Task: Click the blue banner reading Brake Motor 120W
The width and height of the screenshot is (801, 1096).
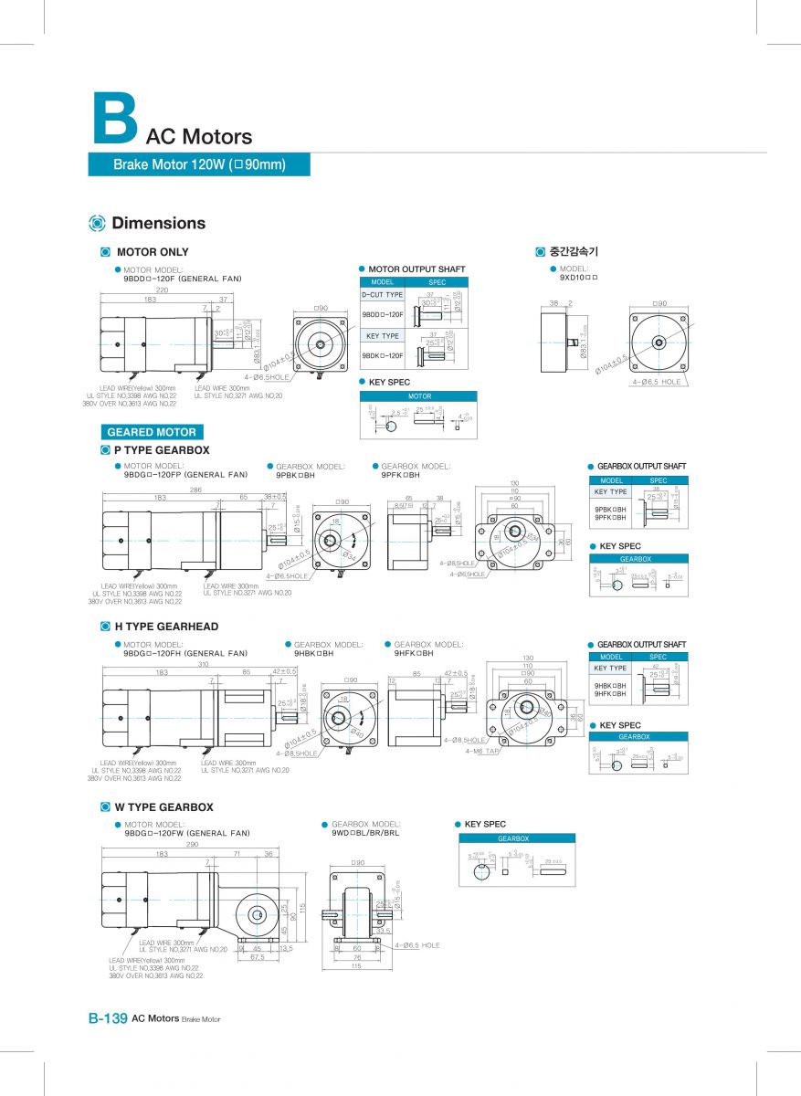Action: [199, 164]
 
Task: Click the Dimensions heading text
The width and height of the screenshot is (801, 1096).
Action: [158, 224]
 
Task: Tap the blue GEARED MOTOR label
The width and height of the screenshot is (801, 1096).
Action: [152, 432]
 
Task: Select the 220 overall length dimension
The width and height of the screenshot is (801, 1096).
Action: [163, 289]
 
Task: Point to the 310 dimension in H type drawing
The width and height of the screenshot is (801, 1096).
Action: [203, 664]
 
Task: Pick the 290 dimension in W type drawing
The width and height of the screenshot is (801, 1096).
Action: [192, 845]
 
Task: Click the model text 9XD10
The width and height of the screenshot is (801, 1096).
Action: [578, 277]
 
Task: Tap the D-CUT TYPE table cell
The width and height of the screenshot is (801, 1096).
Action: [382, 295]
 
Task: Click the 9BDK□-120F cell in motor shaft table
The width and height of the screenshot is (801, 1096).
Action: [382, 355]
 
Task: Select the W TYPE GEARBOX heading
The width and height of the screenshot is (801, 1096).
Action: [163, 807]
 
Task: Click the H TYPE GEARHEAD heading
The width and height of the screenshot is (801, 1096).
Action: [166, 627]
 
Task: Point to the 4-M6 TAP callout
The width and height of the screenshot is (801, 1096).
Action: [481, 751]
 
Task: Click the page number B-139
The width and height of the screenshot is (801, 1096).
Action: [107, 1018]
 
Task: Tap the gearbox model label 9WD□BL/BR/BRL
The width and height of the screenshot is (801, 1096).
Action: [365, 833]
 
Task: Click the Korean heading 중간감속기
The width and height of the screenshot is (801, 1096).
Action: [574, 251]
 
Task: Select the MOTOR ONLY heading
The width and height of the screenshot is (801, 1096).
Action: [153, 252]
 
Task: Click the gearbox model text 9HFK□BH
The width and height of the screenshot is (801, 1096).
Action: [420, 654]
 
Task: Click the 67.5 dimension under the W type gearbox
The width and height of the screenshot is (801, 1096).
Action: [257, 958]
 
